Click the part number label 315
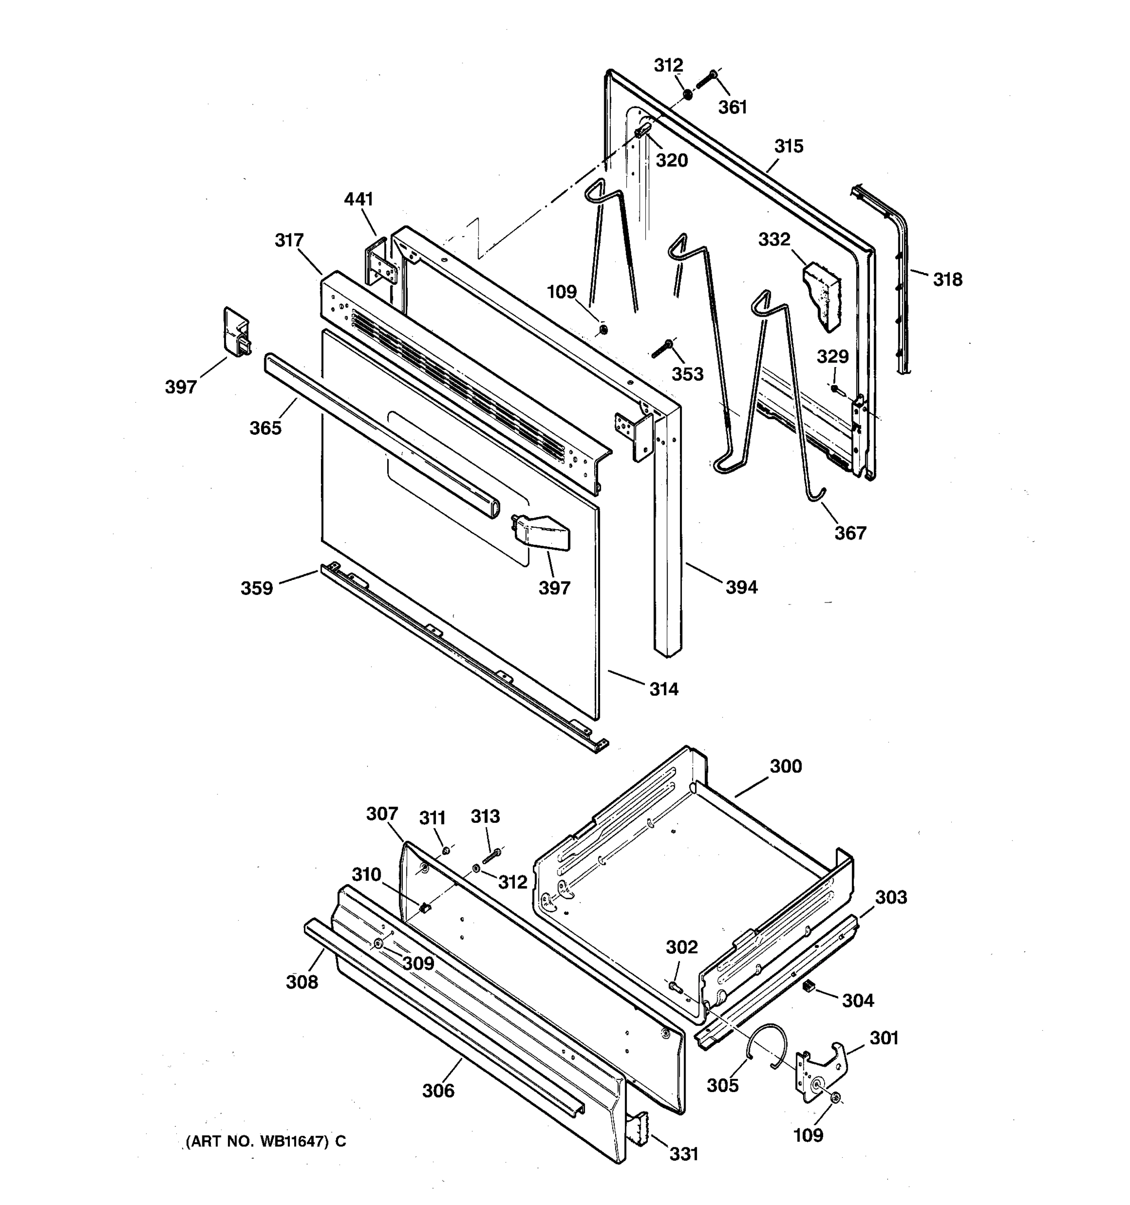(x=788, y=147)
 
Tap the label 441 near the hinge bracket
(x=359, y=199)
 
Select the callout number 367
(x=850, y=533)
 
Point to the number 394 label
(x=741, y=587)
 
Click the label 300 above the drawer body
(x=785, y=766)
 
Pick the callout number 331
(x=684, y=1154)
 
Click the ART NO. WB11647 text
(x=266, y=1141)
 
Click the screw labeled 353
(x=662, y=348)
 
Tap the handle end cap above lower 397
(x=541, y=532)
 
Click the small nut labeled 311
(x=445, y=851)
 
